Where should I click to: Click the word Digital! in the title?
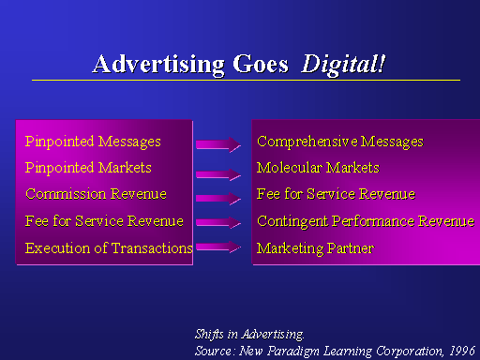point(343,65)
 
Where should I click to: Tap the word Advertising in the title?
point(158,65)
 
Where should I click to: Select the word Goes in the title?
point(261,65)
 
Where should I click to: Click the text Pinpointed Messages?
point(93,142)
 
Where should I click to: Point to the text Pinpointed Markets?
point(88,168)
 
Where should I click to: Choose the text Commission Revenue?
point(96,194)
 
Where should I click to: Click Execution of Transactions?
point(109,248)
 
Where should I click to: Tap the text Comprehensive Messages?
point(340,142)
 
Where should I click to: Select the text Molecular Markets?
point(318,168)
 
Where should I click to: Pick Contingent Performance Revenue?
point(366,221)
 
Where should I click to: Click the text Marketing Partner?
point(315,248)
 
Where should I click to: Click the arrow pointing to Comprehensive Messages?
point(218,144)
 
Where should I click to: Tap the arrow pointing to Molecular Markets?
point(218,174)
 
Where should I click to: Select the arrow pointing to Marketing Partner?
point(218,247)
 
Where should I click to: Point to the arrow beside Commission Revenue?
point(218,198)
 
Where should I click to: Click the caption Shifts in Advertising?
point(249,335)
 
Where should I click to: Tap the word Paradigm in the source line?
point(293,352)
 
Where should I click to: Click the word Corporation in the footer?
point(410,352)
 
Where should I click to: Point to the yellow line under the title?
point(246,81)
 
